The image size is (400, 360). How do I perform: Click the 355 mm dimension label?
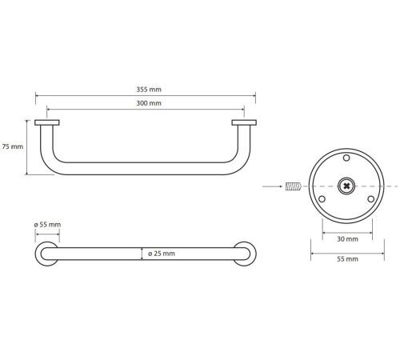[x=149, y=90]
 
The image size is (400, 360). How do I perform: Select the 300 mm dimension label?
[x=149, y=103]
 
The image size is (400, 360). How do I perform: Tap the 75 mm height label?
[x=13, y=146]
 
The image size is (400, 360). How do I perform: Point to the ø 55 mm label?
[x=47, y=225]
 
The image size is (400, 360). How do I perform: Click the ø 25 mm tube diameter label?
[x=162, y=254]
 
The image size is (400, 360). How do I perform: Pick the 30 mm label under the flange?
[x=347, y=239]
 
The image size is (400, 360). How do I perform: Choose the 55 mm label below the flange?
[x=347, y=259]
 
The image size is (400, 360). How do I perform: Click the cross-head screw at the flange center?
[x=346, y=186]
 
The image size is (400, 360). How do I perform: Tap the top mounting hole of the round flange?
[x=346, y=158]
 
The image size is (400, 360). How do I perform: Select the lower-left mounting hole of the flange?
[x=322, y=199]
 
